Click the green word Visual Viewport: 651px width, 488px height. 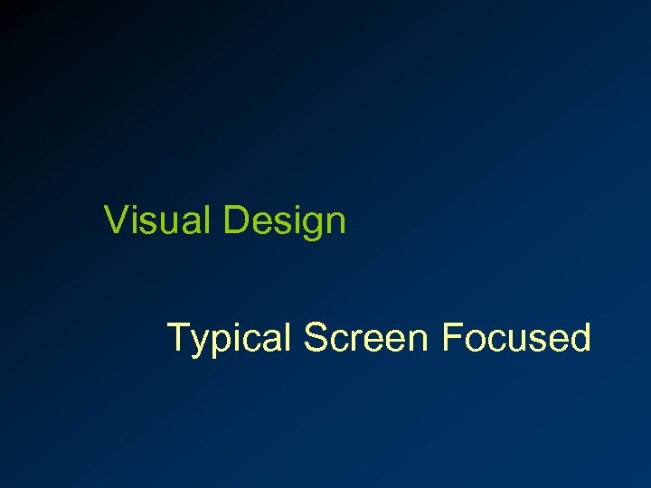tap(159, 220)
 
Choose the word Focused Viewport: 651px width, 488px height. tap(516, 337)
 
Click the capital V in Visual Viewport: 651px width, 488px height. tap(116, 220)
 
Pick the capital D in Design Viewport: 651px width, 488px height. tap(235, 220)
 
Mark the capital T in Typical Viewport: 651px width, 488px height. tap(178, 337)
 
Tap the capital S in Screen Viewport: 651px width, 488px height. tap(316, 337)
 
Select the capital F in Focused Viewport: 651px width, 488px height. tap(451, 337)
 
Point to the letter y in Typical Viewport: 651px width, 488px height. tap(199, 343)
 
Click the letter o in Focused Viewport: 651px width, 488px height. tap(474, 341)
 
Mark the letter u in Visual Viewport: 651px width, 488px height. tap(167, 223)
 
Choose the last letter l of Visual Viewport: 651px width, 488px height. tap(207, 220)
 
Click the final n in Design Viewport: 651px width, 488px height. tap(335, 223)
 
